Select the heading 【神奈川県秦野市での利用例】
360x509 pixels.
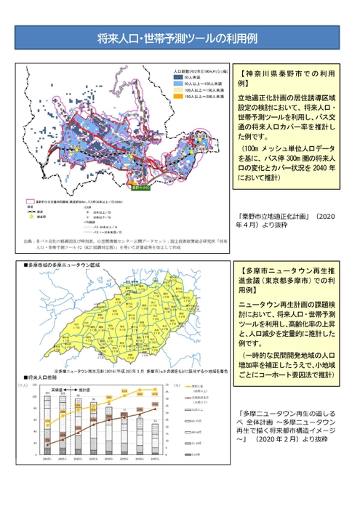point(286,79)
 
